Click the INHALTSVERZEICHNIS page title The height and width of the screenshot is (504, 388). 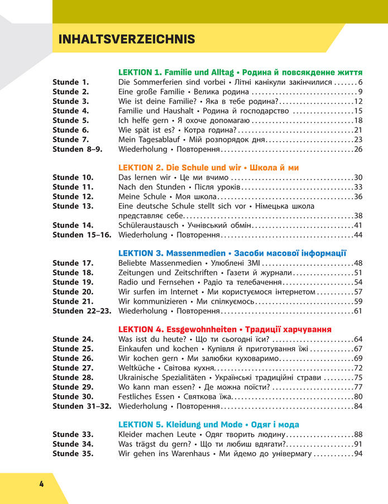tap(127, 39)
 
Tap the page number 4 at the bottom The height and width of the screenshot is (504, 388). tap(41, 483)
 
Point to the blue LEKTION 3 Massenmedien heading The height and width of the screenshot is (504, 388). tap(232, 253)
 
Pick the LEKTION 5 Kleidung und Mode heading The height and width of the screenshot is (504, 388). tap(209, 424)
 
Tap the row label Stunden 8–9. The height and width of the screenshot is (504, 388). tap(78, 149)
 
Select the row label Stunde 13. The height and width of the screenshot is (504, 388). tap(73, 206)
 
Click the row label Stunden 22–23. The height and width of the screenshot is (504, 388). tap(81, 310)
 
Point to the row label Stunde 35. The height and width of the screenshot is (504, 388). tap(73, 453)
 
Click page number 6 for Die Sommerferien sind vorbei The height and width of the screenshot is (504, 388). tap(360, 82)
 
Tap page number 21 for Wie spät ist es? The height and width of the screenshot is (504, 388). tap(358, 130)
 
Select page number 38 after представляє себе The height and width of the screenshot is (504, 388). tap(358, 215)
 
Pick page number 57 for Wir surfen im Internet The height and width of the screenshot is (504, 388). tap(358, 291)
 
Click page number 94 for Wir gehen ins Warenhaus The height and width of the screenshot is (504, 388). tap(358, 453)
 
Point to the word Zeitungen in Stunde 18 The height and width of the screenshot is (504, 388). tap(136, 272)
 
